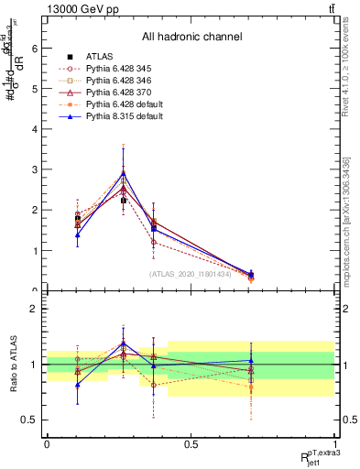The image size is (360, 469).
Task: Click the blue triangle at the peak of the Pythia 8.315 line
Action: click(124, 173)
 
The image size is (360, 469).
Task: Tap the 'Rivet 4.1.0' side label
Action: click(346, 82)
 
